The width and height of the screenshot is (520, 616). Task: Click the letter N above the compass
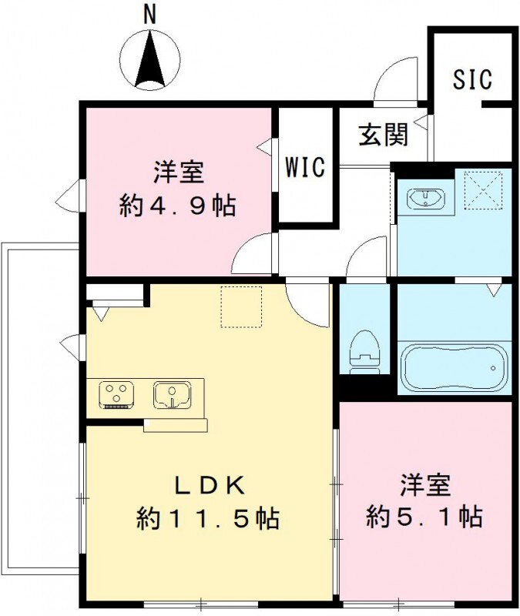point(150,12)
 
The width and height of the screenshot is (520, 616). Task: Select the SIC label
point(472,80)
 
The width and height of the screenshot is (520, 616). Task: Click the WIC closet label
point(306,166)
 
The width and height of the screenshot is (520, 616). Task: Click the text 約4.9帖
point(177,206)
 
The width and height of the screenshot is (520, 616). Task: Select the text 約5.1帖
point(424,516)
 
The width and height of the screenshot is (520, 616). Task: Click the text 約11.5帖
point(207,518)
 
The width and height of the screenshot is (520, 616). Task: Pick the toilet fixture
point(364,351)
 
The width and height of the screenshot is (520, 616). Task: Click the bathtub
point(451,368)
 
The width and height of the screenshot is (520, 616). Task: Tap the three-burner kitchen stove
point(117,394)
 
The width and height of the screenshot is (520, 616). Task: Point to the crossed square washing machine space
point(483,190)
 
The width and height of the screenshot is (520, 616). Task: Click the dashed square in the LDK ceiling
point(242,306)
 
